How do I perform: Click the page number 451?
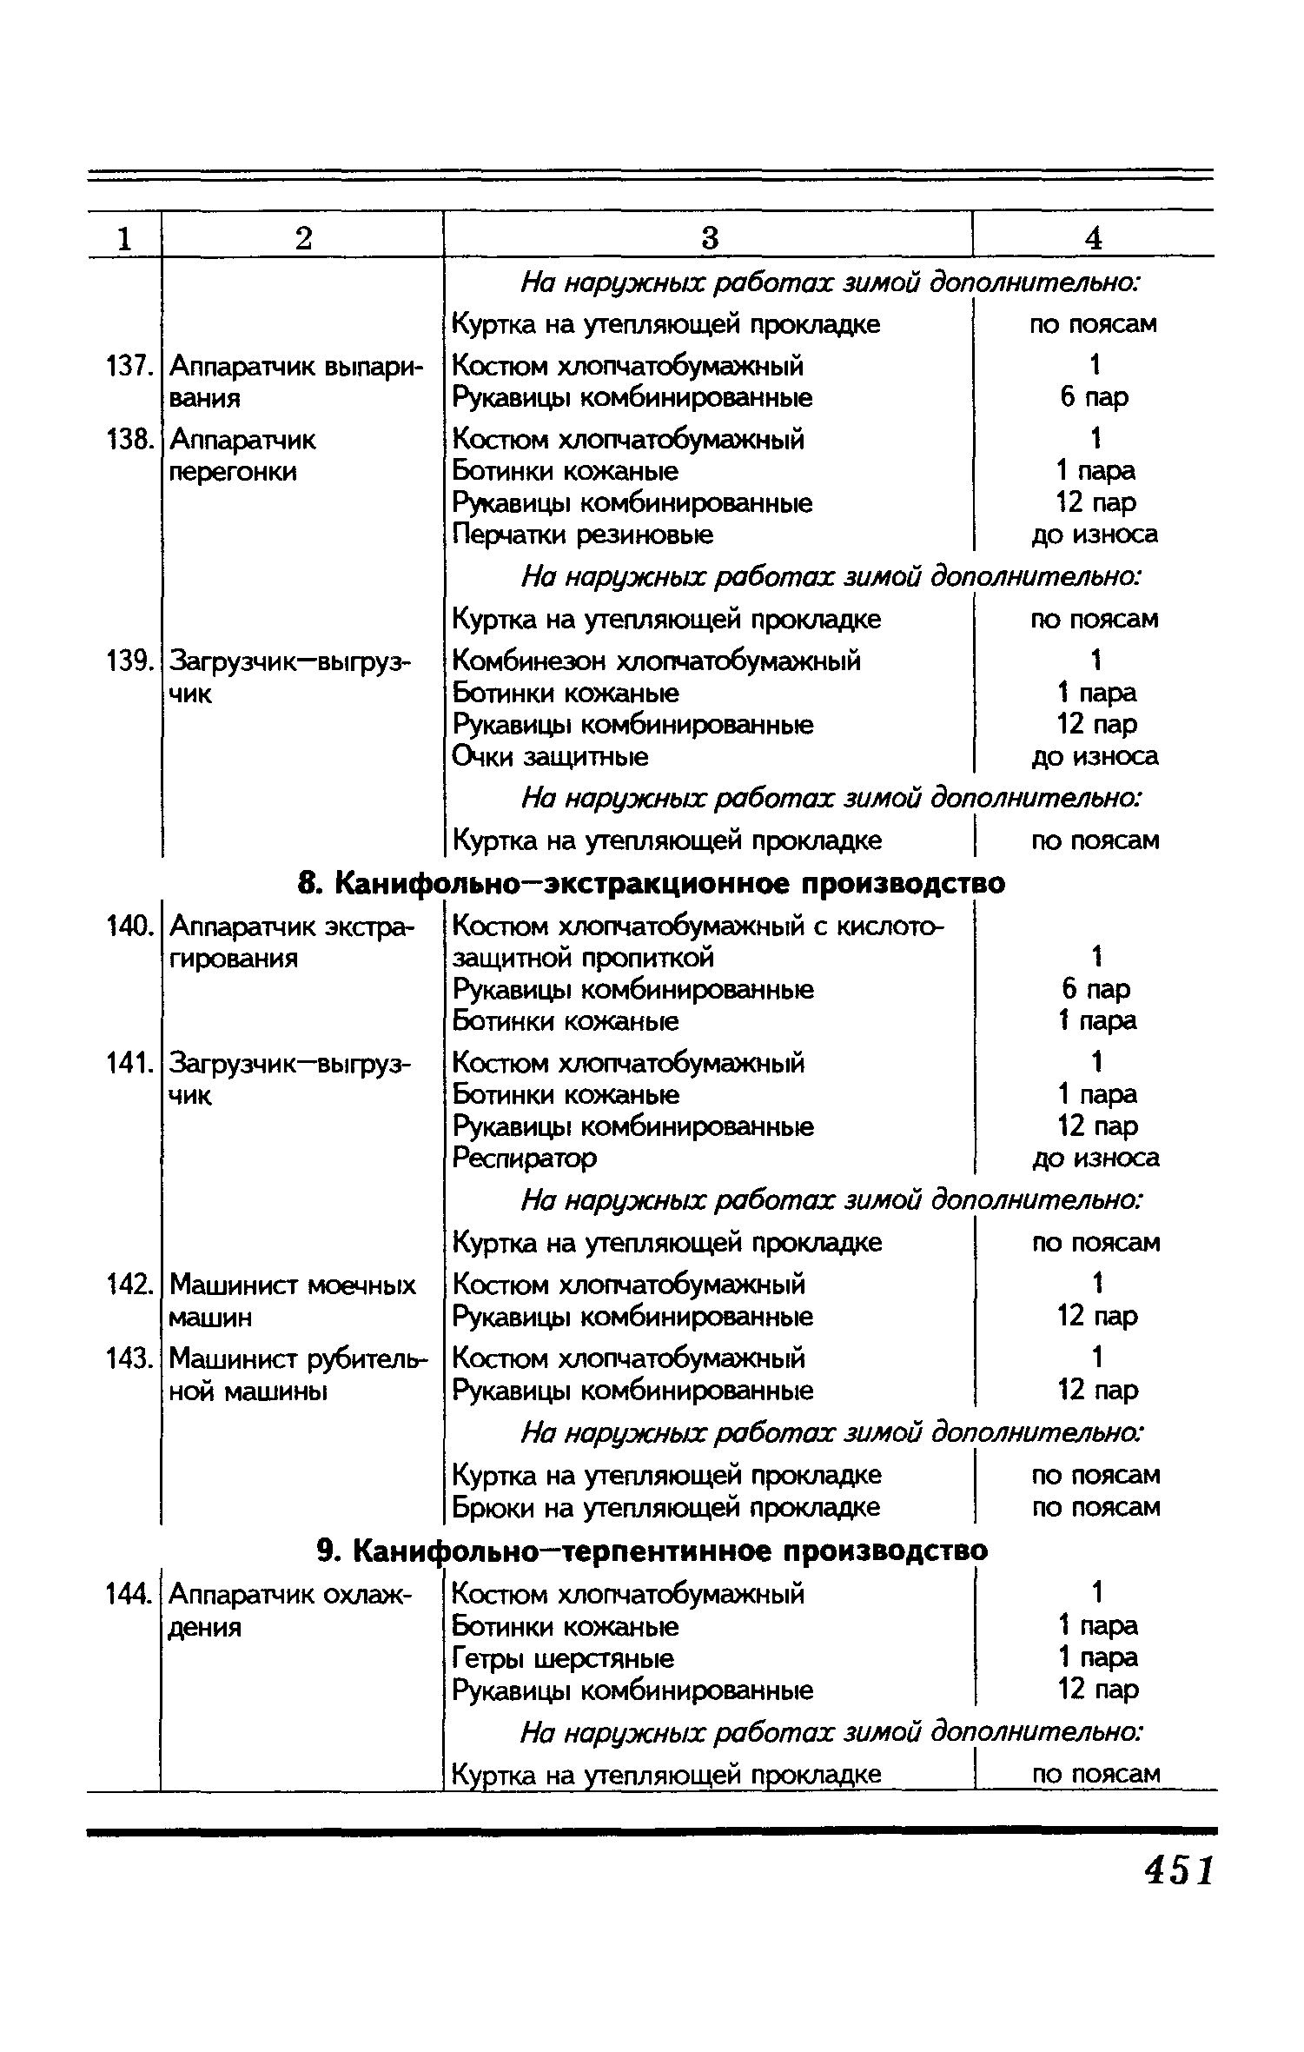pyautogui.click(x=1179, y=1869)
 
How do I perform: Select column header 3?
pyautogui.click(x=710, y=238)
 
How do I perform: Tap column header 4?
pyautogui.click(x=1094, y=238)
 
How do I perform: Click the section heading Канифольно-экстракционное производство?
pyautogui.click(x=652, y=883)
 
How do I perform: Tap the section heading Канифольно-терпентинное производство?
pyautogui.click(x=652, y=1551)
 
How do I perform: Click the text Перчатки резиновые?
pyautogui.click(x=583, y=535)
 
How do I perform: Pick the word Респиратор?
pyautogui.click(x=525, y=1159)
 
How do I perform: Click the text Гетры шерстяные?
pyautogui.click(x=563, y=1658)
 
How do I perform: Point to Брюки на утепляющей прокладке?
pyautogui.click(x=666, y=1507)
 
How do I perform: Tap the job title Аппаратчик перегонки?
pyautogui.click(x=242, y=456)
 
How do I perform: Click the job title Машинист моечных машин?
pyautogui.click(x=292, y=1301)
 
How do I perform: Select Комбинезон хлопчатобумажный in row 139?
pyautogui.click(x=657, y=661)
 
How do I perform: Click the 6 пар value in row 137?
pyautogui.click(x=1094, y=398)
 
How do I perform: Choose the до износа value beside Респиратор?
pyautogui.click(x=1095, y=1159)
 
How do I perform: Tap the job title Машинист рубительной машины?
pyautogui.click(x=298, y=1374)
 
